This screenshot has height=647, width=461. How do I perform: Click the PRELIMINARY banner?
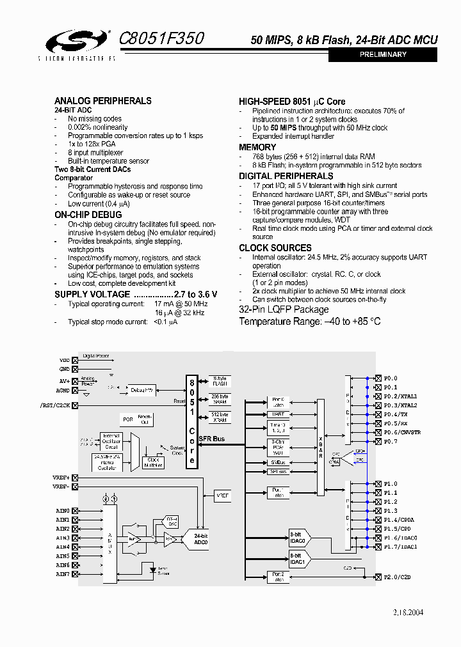(x=383, y=55)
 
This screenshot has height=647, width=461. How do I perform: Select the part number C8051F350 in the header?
(x=162, y=39)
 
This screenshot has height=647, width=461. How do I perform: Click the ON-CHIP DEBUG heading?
(x=88, y=215)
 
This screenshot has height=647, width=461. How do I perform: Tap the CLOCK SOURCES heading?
(x=275, y=248)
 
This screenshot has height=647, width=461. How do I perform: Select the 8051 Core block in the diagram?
(x=191, y=421)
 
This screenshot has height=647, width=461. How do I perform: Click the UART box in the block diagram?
(x=278, y=414)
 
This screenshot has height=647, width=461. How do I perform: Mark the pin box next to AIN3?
(x=76, y=538)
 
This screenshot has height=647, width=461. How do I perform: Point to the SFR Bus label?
(x=212, y=439)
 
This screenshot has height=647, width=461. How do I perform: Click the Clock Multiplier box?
(x=154, y=462)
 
